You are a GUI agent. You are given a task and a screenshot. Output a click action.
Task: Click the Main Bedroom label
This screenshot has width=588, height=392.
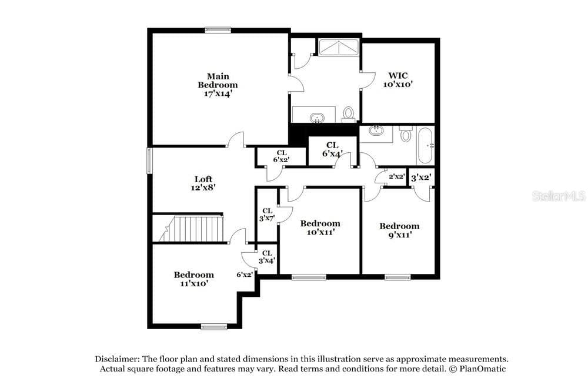coord(218,85)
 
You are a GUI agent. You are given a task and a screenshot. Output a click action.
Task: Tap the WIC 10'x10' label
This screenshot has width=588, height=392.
coord(398,80)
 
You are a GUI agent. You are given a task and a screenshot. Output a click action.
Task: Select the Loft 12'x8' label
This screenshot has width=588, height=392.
coord(203,183)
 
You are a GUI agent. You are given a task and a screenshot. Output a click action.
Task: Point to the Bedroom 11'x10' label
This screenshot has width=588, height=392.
coord(194,279)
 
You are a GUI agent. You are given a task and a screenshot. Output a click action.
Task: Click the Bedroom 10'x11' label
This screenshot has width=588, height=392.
coord(320,227)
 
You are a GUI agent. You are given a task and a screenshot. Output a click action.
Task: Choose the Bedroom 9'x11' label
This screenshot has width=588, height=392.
coord(399,230)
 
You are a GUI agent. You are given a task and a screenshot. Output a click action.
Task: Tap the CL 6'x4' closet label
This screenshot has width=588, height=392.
coord(332,149)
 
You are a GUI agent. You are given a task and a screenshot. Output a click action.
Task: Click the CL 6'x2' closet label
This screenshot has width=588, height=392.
coord(281,156)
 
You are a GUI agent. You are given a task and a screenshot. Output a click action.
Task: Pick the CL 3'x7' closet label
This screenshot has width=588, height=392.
coord(267,215)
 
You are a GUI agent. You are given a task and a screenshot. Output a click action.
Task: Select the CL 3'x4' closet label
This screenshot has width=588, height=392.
coord(267,257)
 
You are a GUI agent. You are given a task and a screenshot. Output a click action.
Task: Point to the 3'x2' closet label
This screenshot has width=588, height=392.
coord(421,177)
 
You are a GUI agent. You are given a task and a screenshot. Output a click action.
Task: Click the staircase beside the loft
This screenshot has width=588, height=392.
coord(191,228)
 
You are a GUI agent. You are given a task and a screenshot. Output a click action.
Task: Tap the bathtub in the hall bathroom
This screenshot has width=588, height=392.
coord(426,145)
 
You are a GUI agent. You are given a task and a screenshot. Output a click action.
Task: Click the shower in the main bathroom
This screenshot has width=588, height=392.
coord(339,47)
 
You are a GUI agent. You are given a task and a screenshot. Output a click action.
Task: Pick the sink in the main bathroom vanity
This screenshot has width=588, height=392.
coord(318,119)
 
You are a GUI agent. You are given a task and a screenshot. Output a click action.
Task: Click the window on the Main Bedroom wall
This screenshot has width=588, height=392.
coord(218,29)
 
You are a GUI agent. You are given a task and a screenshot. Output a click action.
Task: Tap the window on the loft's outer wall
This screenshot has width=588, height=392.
coord(149,160)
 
